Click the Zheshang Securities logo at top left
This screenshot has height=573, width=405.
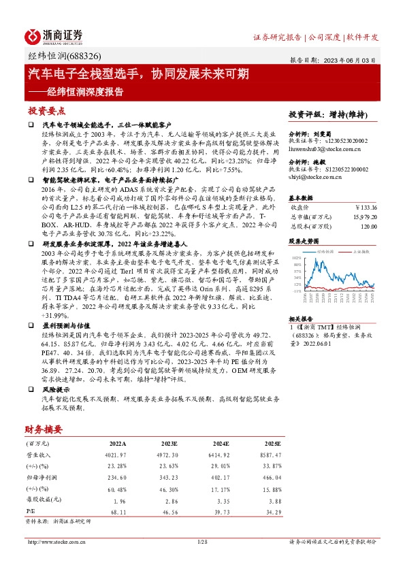pyautogui.click(x=54, y=36)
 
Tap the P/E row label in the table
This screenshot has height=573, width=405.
pyautogui.click(x=30, y=509)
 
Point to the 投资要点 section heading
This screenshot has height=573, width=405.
pyautogui.click(x=46, y=110)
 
